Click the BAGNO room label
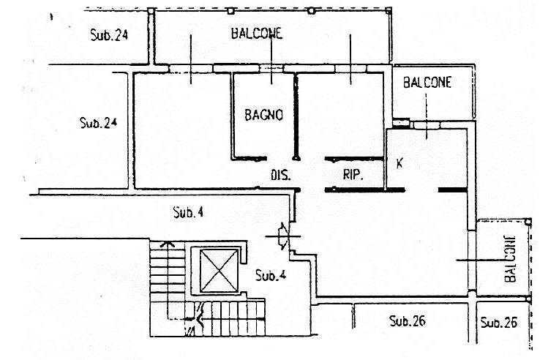click(263, 115)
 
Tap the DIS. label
click(281, 176)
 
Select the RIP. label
click(353, 176)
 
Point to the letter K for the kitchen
click(399, 162)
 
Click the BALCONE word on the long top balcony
click(256, 33)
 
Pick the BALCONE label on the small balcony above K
click(427, 83)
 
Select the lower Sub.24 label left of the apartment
click(98, 122)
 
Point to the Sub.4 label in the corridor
click(188, 213)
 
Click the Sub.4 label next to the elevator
click(270, 276)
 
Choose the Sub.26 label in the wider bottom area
click(408, 320)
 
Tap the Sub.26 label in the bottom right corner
click(500, 321)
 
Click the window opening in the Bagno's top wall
click(271, 69)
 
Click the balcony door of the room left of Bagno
click(191, 69)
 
